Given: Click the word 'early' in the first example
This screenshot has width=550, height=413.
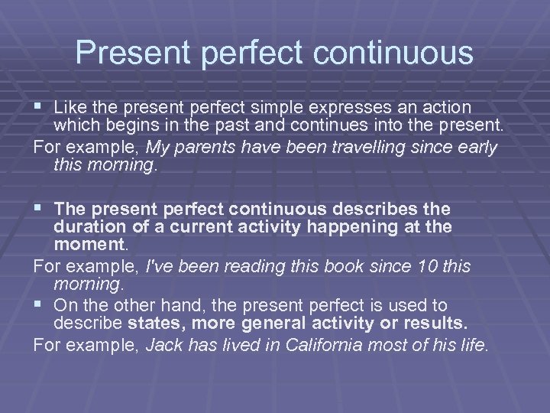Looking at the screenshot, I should [x=477, y=147].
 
